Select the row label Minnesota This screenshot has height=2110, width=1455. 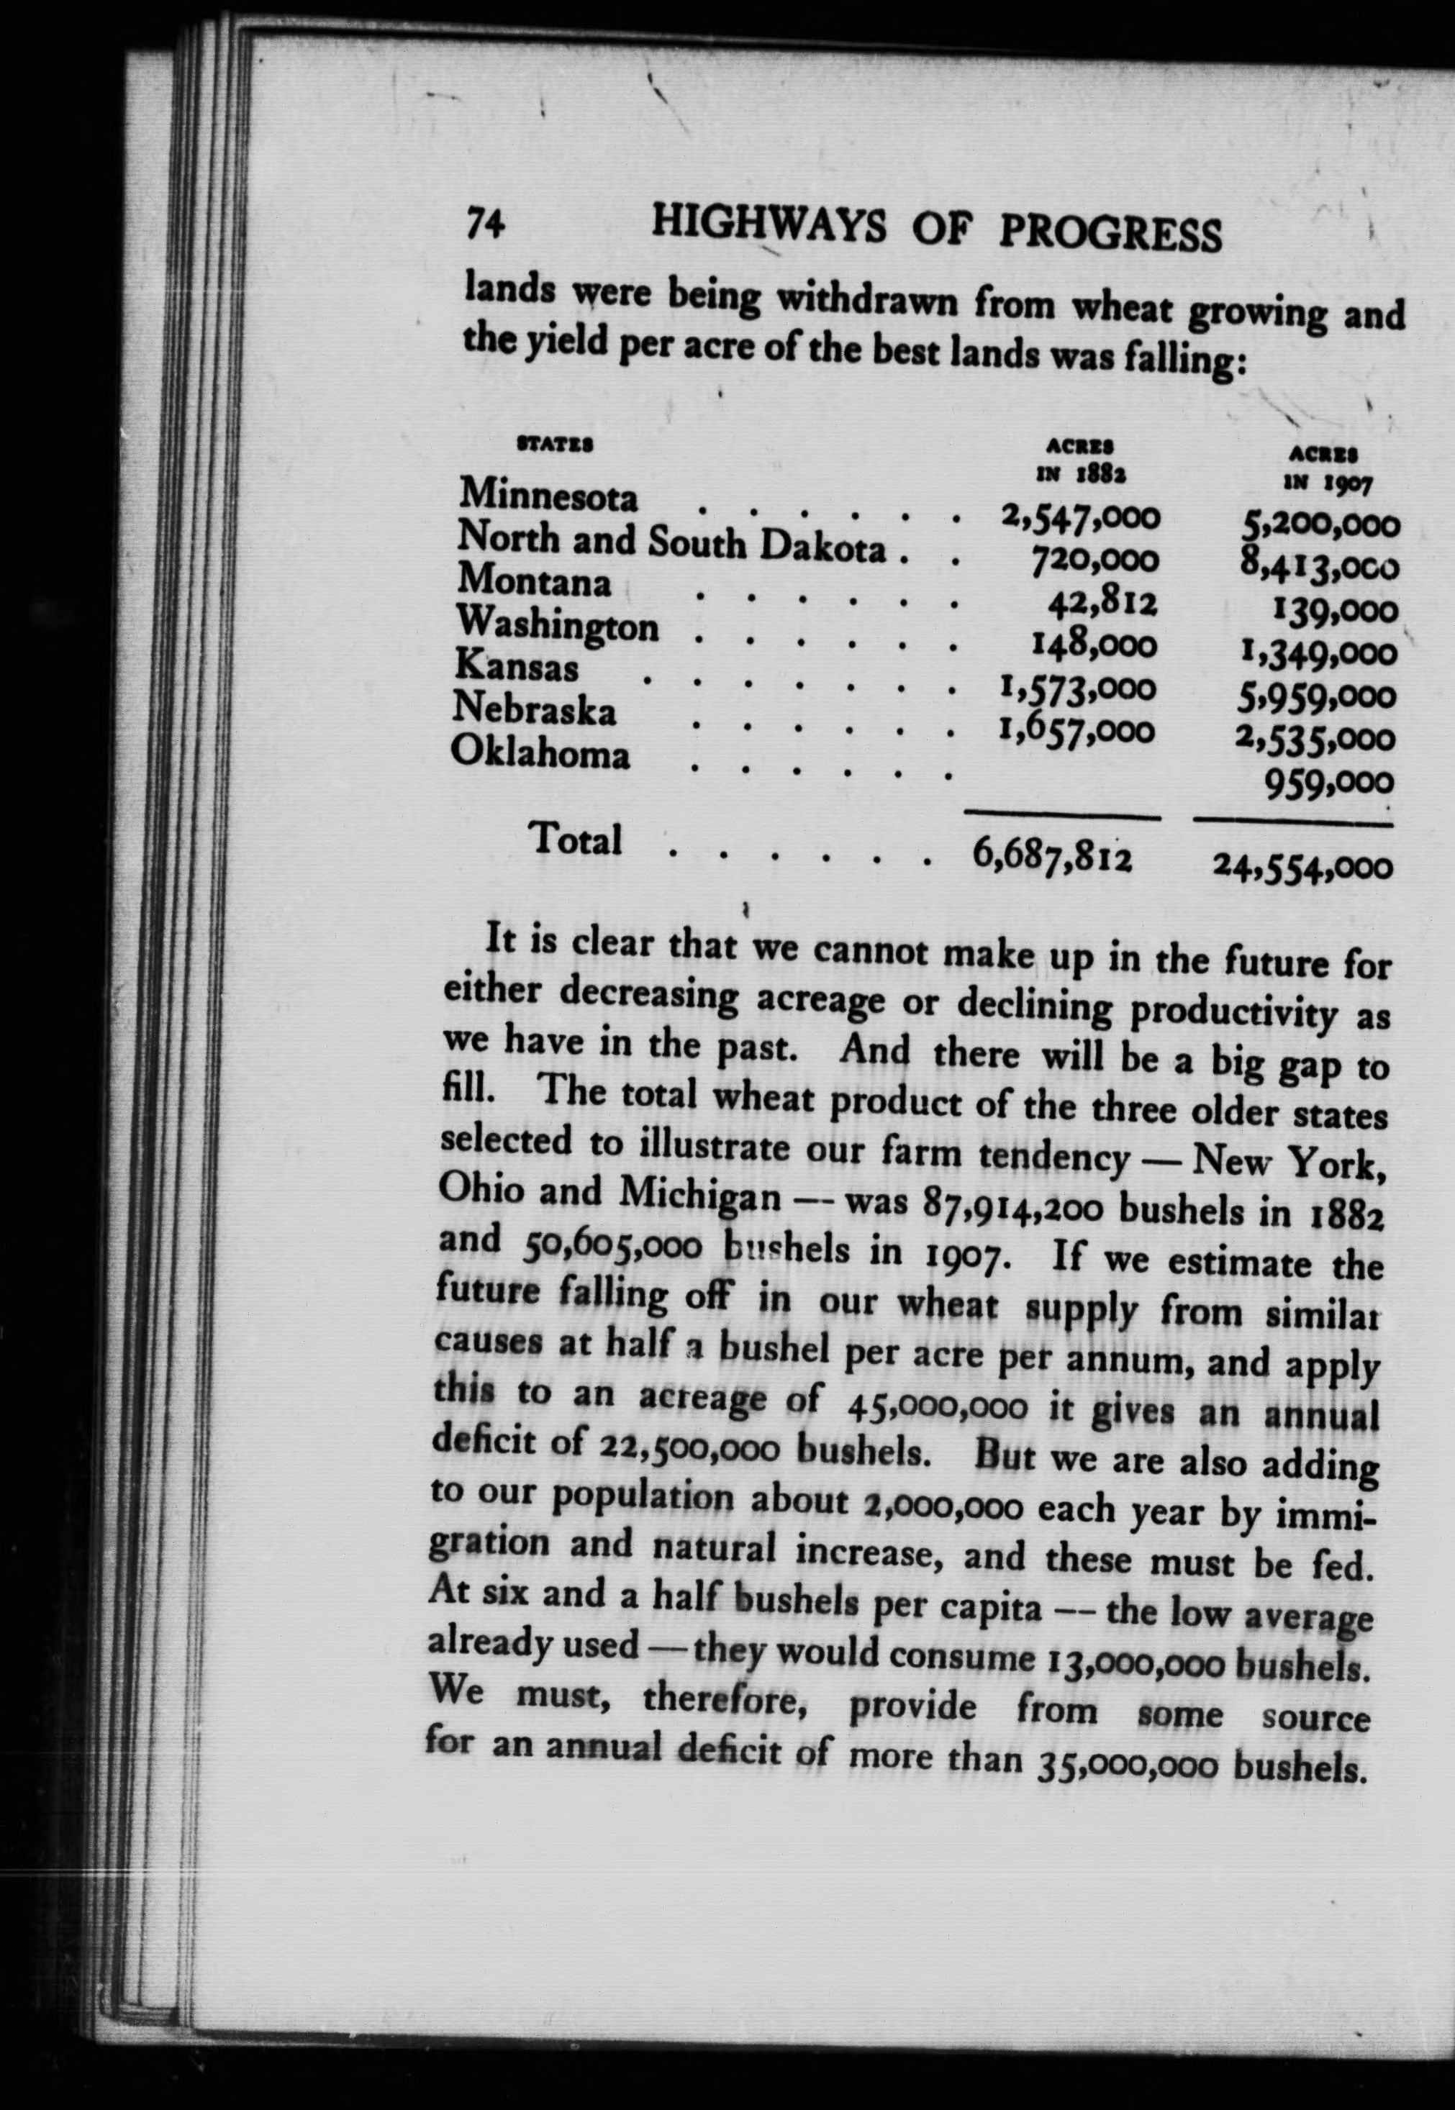point(548,495)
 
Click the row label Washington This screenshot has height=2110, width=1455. point(557,625)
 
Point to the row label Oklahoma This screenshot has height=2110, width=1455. point(540,754)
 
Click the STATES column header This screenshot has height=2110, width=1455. point(556,445)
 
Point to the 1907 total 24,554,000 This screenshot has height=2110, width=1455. point(1302,866)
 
